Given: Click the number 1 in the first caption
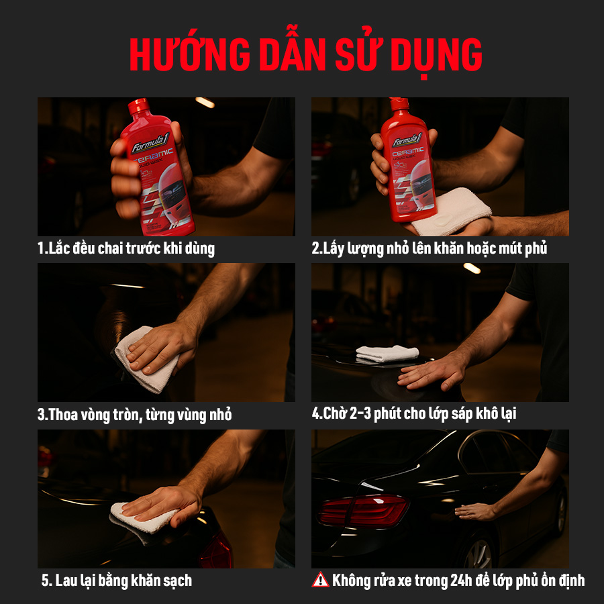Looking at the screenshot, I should tap(40, 248).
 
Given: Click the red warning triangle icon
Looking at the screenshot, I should tap(320, 580).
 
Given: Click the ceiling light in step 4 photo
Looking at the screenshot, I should tap(472, 268).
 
